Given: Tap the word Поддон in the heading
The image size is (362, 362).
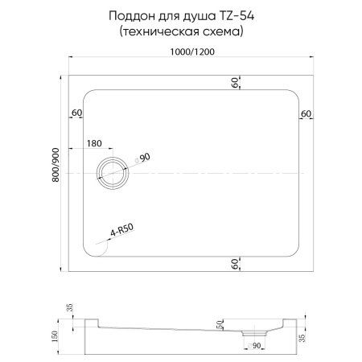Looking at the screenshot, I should click(134, 16).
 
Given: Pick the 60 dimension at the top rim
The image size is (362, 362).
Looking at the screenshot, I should click(236, 84).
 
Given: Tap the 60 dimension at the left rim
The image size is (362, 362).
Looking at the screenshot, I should click(77, 113).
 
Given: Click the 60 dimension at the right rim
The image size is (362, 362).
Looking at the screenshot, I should click(306, 113).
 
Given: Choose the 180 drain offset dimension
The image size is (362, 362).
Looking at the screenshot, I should click(93, 144).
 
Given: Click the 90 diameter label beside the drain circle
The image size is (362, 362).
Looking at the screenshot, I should click(146, 158).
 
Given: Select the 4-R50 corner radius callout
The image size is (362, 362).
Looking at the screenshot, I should click(121, 230).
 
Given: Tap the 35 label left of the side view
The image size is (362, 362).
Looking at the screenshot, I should click(69, 308).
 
